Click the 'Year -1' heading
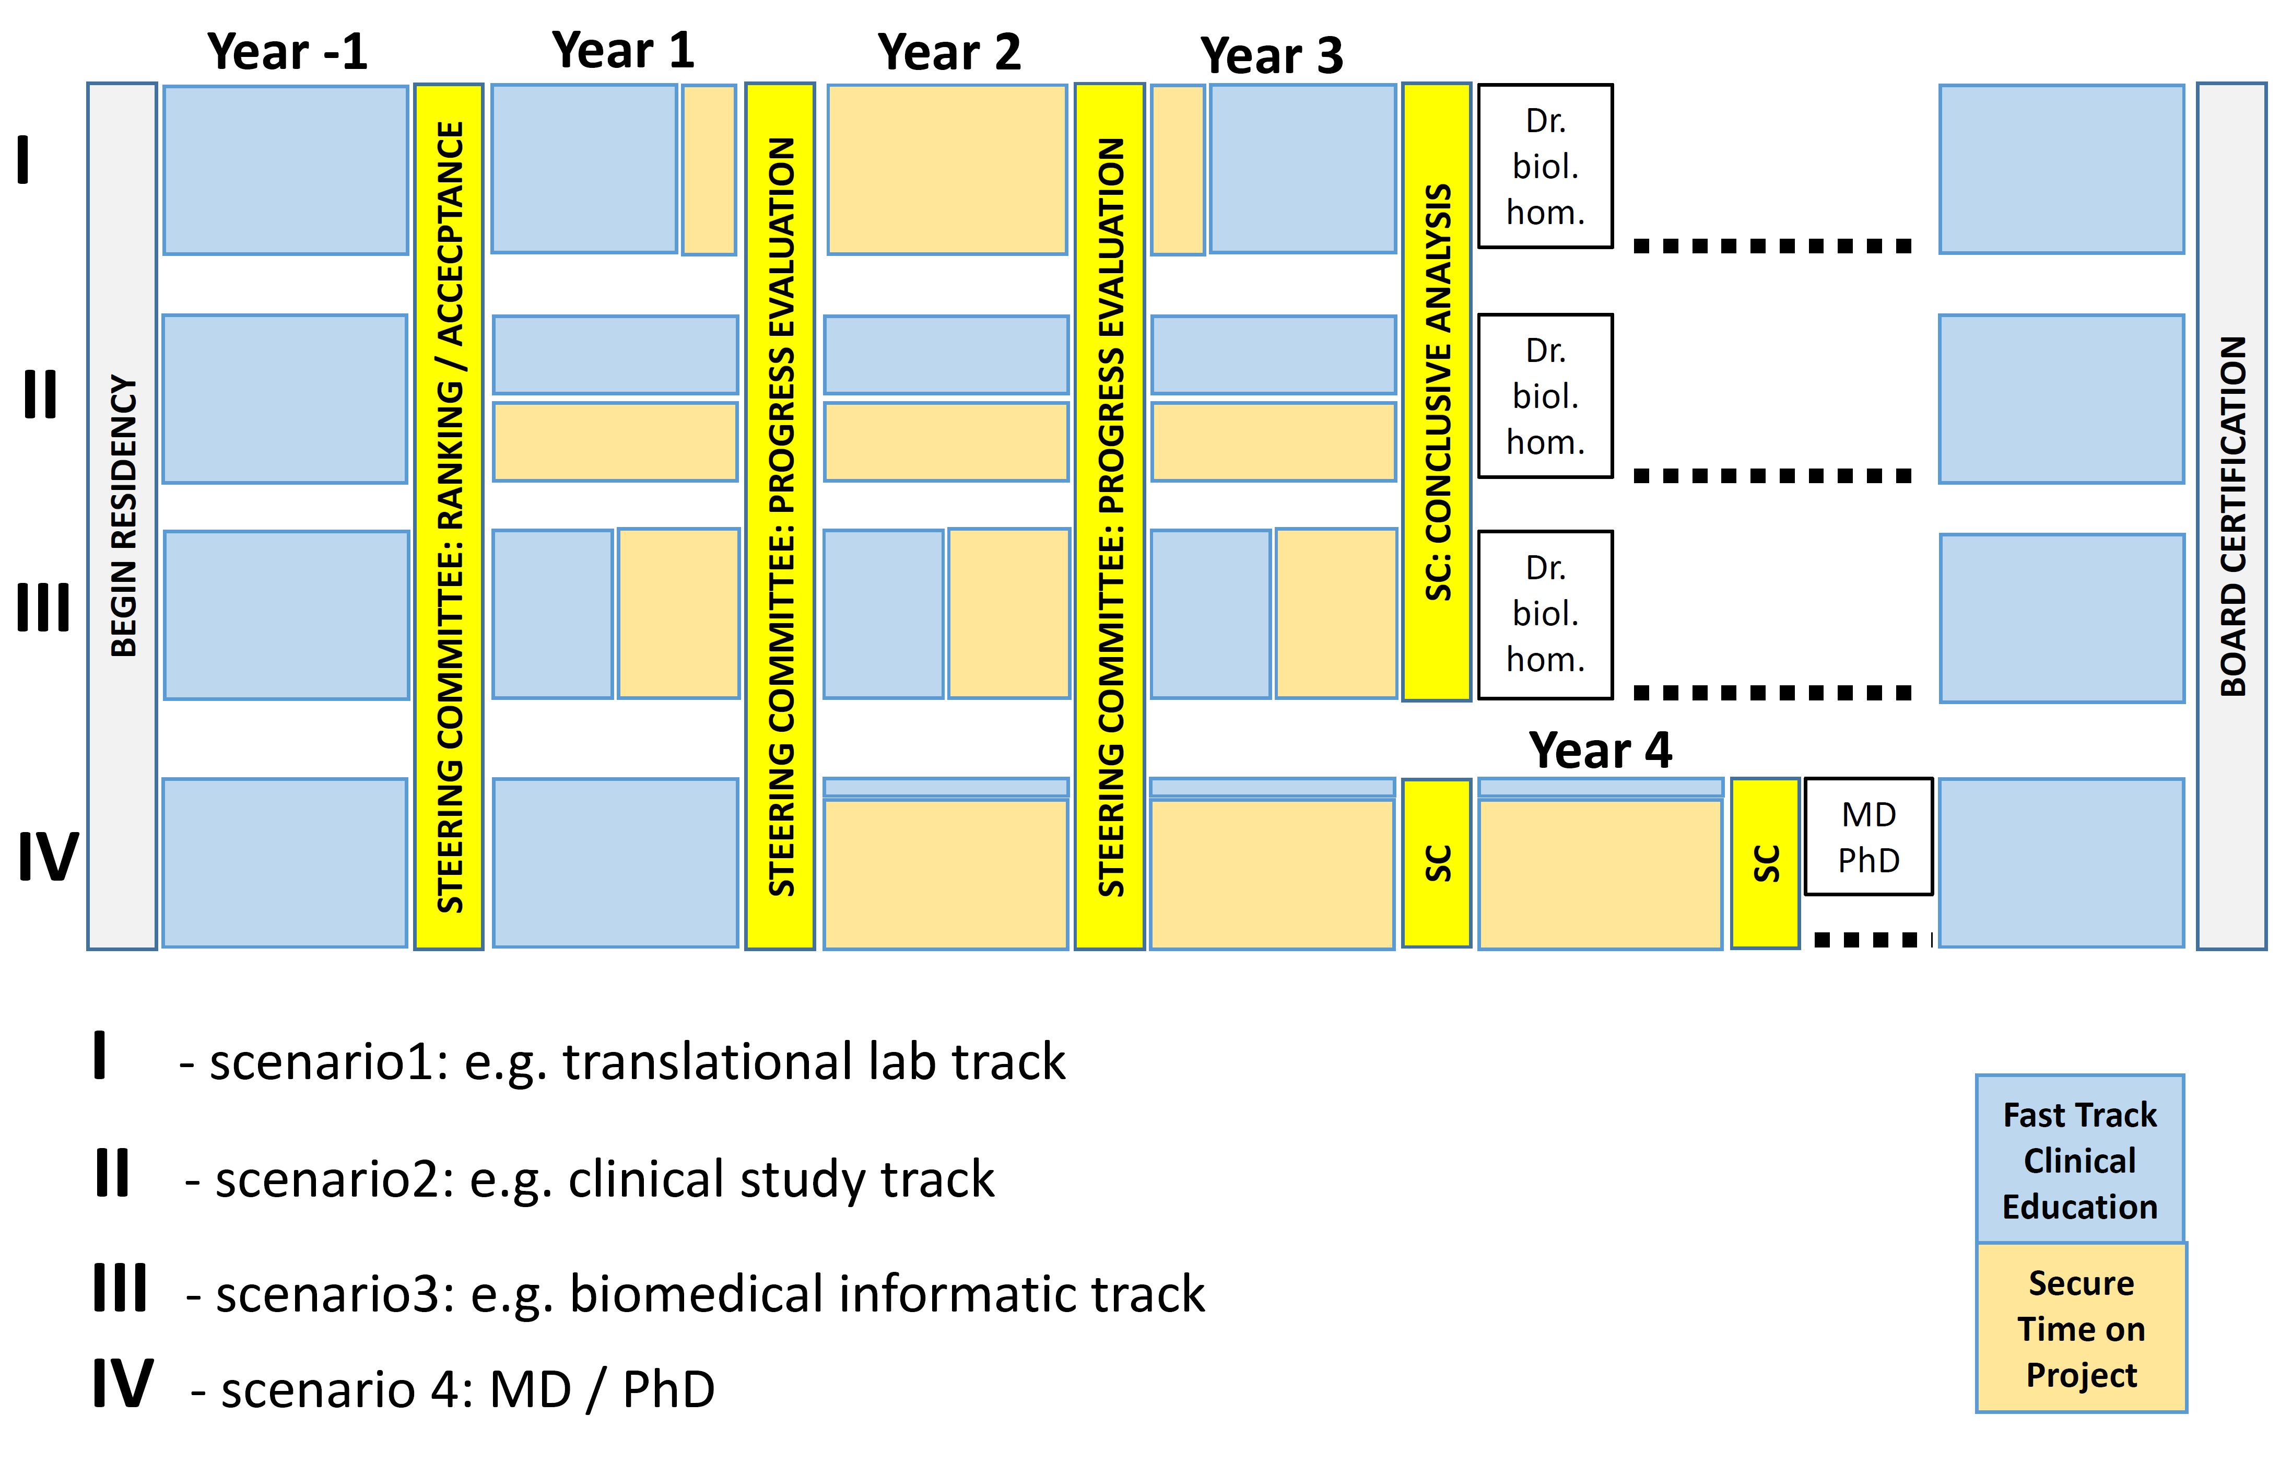(x=287, y=52)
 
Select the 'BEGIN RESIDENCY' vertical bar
(x=123, y=516)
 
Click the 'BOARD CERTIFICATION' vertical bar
(x=2231, y=516)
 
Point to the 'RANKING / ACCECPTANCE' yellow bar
(x=449, y=516)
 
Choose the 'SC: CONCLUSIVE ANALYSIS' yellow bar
(x=1436, y=391)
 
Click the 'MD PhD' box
(x=1868, y=837)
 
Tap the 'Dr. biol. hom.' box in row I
(x=1545, y=166)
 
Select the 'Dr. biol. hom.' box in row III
(x=1545, y=614)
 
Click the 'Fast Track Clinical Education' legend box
(x=2080, y=1159)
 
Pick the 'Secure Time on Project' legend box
(x=2081, y=1328)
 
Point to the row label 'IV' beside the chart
(x=47, y=856)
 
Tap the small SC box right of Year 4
(x=1765, y=863)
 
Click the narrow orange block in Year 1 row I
(x=709, y=169)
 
